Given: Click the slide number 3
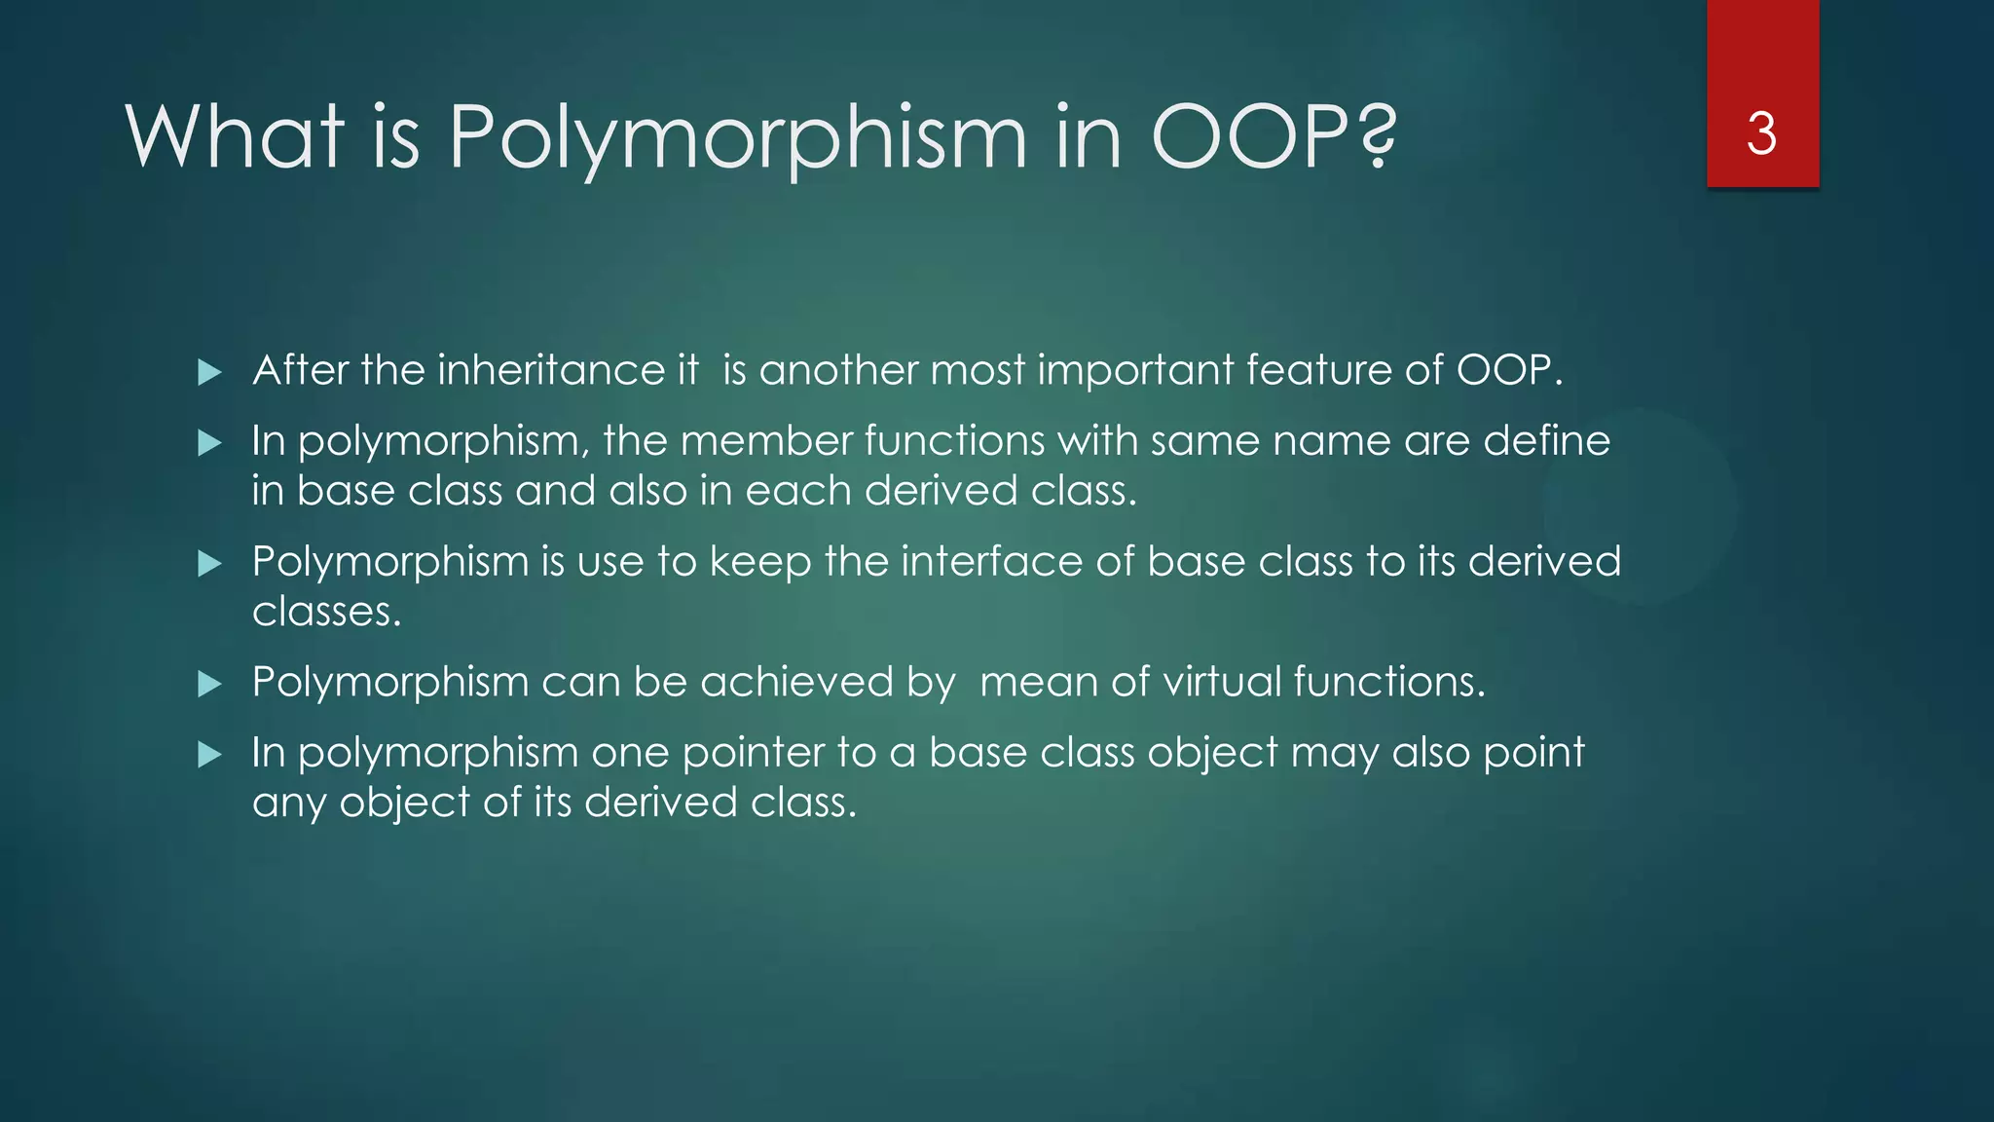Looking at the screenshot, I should coord(1761,134).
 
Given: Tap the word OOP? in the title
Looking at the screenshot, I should coord(1274,136).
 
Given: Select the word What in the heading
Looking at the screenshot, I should coord(235,136).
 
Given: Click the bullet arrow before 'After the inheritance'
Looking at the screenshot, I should coord(209,372).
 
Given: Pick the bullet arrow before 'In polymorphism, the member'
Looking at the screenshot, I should coord(209,444).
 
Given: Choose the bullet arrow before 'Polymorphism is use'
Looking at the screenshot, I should coord(209,564).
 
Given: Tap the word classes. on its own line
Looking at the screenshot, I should coord(326,613).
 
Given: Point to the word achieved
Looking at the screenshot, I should coord(795,682).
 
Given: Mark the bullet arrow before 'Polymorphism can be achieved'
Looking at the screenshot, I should coord(209,685).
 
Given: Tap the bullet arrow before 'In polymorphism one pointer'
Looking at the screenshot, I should coord(209,755).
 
